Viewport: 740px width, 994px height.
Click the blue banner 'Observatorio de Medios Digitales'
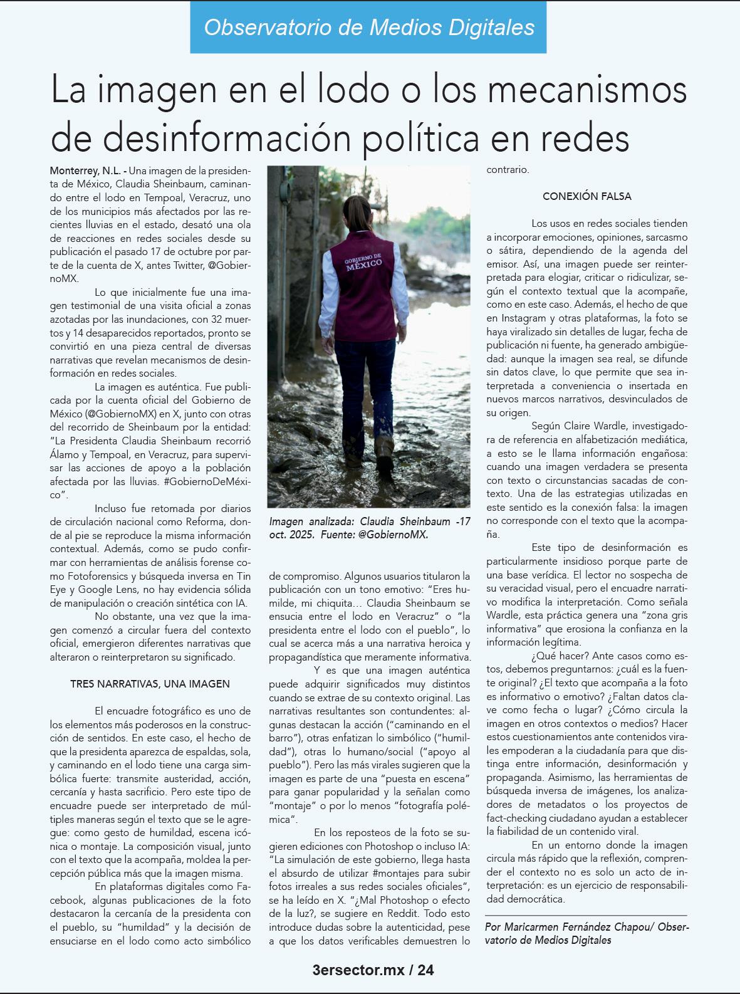368,27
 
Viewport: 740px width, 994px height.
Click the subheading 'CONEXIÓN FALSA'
586,196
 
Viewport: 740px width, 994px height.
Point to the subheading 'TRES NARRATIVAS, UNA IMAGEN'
150,684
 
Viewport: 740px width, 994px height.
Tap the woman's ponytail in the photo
358,211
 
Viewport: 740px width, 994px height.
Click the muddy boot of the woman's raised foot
384,451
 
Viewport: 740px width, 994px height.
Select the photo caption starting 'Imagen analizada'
369,528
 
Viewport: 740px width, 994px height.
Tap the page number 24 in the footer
425,970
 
